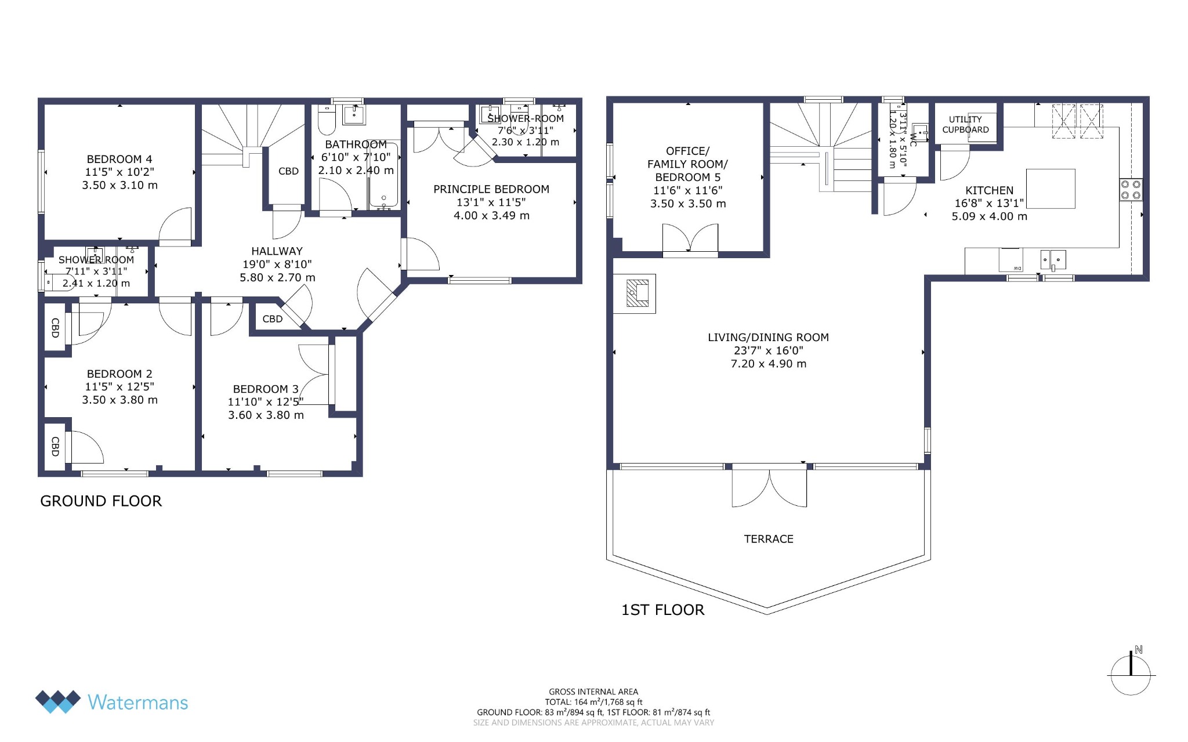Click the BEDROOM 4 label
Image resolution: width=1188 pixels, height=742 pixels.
119,159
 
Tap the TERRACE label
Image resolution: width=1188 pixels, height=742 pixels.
769,539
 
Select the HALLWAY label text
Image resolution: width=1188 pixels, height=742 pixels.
277,251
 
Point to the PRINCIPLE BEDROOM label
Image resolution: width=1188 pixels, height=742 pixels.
491,189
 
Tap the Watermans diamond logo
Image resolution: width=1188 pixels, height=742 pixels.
57,701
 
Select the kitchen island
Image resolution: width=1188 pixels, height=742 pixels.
1051,189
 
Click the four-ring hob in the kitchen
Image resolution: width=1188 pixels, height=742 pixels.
1131,190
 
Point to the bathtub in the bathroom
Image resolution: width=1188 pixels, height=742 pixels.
383,173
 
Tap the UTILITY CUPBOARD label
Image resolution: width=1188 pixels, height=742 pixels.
965,125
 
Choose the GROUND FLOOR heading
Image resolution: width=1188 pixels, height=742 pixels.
101,501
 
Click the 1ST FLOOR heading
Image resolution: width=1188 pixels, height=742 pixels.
663,610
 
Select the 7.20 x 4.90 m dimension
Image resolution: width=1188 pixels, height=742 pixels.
768,364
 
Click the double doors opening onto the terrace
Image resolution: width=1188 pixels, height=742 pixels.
769,486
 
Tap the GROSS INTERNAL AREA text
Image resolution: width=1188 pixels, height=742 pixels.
593,692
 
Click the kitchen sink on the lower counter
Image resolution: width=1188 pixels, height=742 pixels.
1053,260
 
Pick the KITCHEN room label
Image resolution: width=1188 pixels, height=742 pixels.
989,190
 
